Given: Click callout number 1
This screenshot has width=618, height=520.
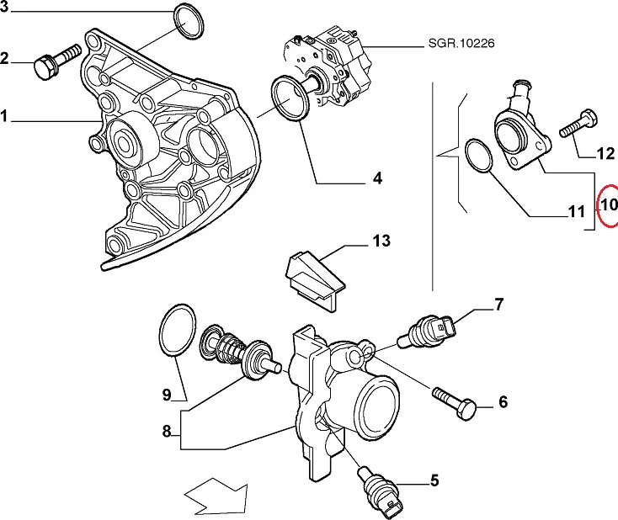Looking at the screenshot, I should [x=4, y=117].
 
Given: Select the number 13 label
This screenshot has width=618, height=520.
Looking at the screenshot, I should [x=381, y=241].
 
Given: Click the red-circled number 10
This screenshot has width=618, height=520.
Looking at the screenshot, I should [x=608, y=204].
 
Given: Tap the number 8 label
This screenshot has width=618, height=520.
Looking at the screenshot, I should [x=167, y=432].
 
